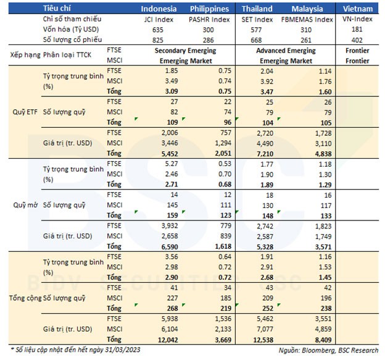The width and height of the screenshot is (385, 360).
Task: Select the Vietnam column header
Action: [x=357, y=9]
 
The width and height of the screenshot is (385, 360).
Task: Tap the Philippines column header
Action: [x=209, y=9]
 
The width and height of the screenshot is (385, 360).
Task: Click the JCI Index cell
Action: [x=160, y=19]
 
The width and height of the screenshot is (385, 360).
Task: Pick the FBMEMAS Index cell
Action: [x=307, y=19]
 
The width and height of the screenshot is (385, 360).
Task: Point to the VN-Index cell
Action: [x=357, y=19]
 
